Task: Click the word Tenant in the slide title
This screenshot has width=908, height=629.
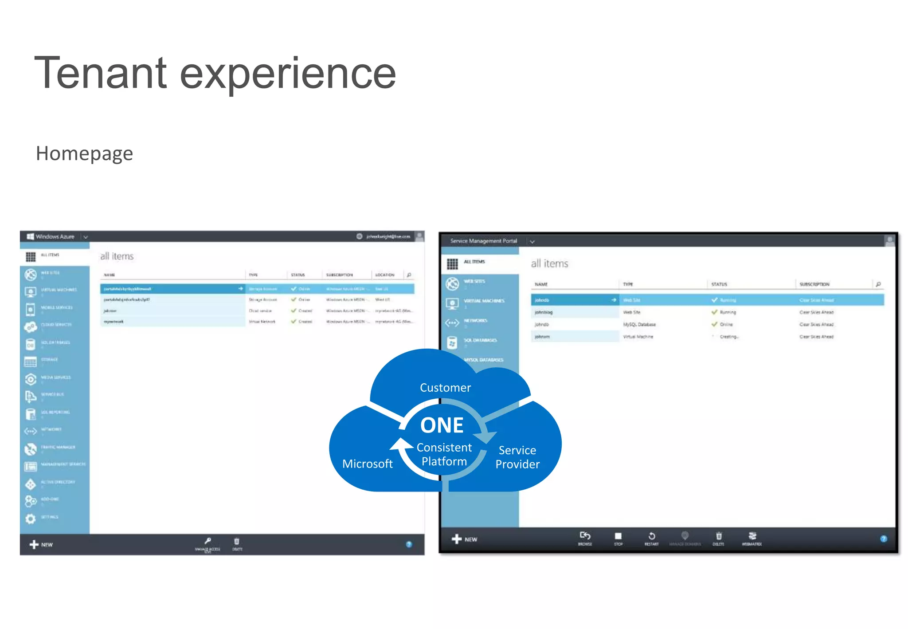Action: point(100,73)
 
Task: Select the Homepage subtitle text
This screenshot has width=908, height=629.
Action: point(84,153)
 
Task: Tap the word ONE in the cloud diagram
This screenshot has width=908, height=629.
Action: point(442,425)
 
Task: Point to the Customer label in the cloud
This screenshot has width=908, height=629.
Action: point(445,388)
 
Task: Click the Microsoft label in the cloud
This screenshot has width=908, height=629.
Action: point(368,464)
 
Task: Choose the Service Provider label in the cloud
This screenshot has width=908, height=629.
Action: point(517,457)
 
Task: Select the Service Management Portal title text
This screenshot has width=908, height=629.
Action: point(483,241)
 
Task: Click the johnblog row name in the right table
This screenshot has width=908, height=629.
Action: point(544,312)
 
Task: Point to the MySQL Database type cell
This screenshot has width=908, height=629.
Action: point(639,325)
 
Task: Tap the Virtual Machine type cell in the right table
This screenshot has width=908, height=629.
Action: point(638,337)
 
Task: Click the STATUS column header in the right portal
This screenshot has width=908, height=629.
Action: point(719,284)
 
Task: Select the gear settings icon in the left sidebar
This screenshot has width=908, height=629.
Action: point(31,518)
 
